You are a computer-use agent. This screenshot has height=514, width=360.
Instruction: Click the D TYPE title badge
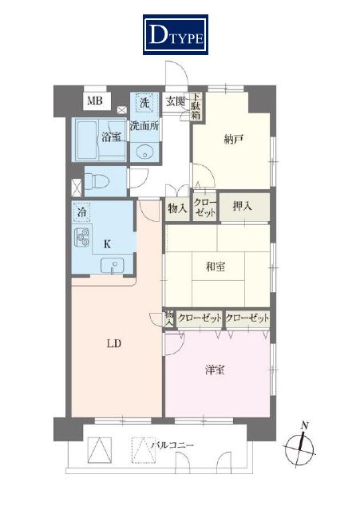pos(176,34)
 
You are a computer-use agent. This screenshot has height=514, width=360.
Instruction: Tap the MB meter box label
pos(95,101)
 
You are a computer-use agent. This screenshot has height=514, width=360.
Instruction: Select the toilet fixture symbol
pos(97,181)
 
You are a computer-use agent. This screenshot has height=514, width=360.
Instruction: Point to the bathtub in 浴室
pos(87,140)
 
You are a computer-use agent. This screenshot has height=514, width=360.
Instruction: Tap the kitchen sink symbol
pos(112,266)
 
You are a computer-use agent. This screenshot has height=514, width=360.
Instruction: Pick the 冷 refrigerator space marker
pos(82,212)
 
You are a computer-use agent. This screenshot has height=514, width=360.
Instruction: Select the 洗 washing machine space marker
pos(144,103)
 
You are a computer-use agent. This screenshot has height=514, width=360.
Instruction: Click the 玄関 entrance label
pos(175,101)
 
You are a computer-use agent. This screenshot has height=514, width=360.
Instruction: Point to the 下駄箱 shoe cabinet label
pos(196,106)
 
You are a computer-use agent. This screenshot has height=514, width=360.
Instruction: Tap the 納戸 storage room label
pos(233,140)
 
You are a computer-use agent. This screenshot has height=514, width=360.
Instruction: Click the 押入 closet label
pos(243,206)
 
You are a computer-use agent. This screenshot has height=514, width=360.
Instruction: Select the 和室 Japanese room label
pos(216,267)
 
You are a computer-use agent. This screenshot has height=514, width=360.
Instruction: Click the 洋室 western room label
pos(215,370)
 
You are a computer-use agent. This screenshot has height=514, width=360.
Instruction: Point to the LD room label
pos(114,343)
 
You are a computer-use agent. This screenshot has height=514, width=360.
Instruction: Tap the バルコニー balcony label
pos(172,445)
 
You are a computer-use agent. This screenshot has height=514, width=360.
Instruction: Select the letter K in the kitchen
pos(107,244)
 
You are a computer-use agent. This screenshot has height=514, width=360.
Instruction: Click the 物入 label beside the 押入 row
pos(177,208)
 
